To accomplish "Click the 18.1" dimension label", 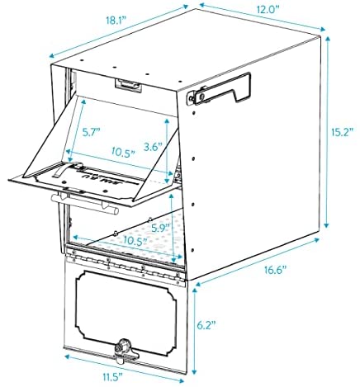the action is click(116, 21).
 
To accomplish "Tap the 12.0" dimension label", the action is click(268, 10).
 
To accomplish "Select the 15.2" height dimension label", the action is click(342, 133).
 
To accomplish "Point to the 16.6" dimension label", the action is click(276, 270).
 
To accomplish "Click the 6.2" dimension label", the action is click(206, 325).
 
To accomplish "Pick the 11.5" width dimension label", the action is click(112, 377).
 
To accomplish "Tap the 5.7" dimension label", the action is click(92, 133).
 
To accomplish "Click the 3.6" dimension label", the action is click(154, 147).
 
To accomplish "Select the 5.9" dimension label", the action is click(161, 228).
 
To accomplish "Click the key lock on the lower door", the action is click(122, 348).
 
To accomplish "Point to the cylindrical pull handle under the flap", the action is click(85, 204).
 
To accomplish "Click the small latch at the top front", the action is click(128, 85).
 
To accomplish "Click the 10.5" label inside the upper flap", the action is click(123, 151).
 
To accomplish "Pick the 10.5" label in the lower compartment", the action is click(135, 241).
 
